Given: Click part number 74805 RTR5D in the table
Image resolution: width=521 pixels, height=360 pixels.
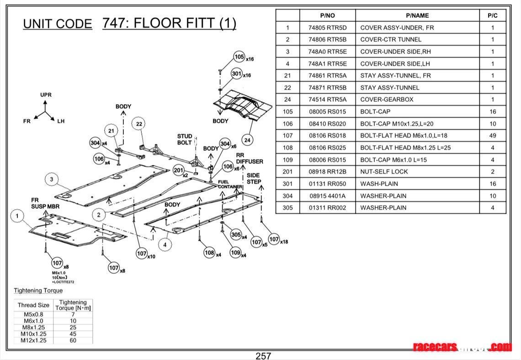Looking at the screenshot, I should tap(327, 27).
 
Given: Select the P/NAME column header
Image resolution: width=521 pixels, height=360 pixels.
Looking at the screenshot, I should tap(417, 15).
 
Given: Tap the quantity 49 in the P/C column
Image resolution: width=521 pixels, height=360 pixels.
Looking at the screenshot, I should tap(493, 136).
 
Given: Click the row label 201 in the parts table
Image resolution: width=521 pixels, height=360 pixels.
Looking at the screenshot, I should tap(287, 172).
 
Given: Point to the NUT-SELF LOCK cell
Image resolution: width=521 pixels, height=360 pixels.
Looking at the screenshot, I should tap(384, 172).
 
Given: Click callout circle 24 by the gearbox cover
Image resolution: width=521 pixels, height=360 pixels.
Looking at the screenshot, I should tap(247, 140).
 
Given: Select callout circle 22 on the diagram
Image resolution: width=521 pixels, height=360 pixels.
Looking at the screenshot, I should tap(139, 124).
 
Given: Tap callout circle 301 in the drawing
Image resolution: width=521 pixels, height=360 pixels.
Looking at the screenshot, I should tap(236, 73).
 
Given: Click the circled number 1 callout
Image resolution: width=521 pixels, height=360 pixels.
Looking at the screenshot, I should tap(17, 216).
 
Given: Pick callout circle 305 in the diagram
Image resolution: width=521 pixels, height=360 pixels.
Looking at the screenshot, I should tap(236, 235).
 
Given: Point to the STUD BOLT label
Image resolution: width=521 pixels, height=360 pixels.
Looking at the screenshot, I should tap(185, 139).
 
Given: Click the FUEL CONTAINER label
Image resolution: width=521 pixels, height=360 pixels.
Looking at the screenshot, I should tap(230, 185).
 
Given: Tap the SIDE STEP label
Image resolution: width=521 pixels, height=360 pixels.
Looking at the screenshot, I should tap(254, 178).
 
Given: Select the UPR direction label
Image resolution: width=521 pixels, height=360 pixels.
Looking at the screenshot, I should tap(46, 95).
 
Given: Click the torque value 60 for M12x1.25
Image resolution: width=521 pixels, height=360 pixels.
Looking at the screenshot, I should tap(73, 340).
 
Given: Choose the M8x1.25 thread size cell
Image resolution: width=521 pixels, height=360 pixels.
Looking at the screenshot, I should tap(34, 328).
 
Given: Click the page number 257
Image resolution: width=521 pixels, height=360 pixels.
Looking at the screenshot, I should tap(263, 355).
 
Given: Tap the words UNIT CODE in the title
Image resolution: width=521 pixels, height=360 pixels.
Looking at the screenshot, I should tap(58, 24).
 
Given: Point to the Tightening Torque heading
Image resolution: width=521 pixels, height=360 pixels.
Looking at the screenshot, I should tap(38, 291).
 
